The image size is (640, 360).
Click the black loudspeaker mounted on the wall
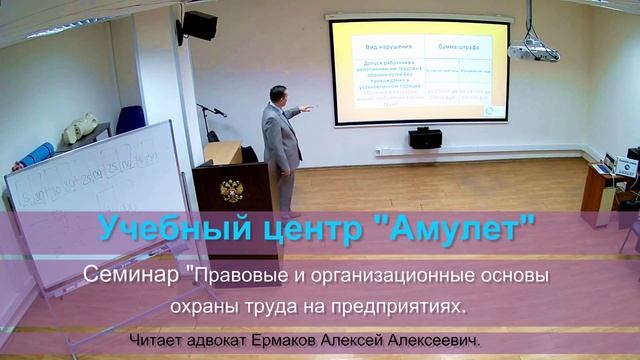tap(199, 26)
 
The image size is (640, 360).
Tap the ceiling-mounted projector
tap(532, 50)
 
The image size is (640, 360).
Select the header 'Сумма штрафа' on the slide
tap(456, 47)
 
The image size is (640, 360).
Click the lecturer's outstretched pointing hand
tap(307, 108)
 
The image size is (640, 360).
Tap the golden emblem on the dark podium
tap(232, 190)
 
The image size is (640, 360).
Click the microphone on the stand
tap(203, 107)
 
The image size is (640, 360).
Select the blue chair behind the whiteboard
tap(130, 120)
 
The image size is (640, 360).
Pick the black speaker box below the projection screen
tap(425, 138)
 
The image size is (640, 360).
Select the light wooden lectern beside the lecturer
tap(222, 153)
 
